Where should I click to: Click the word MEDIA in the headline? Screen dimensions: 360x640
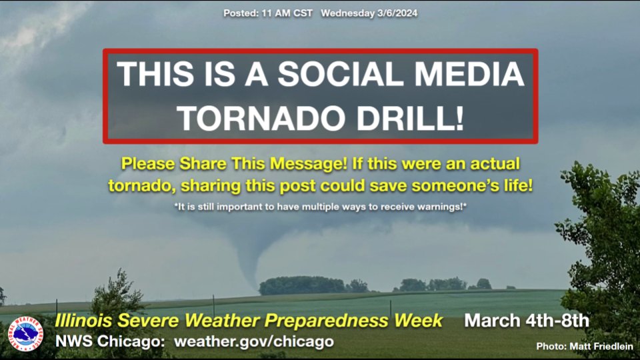[x=461, y=74]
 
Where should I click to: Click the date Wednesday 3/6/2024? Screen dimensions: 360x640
[x=369, y=13]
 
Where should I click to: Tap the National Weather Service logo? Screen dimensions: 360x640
[x=25, y=333]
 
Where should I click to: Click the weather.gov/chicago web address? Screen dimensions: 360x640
[x=253, y=341]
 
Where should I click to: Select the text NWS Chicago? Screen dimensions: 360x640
[x=111, y=341]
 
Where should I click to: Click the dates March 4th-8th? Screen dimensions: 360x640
[x=527, y=321]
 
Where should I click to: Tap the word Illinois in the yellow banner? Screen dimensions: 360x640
[x=82, y=321]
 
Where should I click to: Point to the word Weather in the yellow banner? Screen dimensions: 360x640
[x=227, y=321]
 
